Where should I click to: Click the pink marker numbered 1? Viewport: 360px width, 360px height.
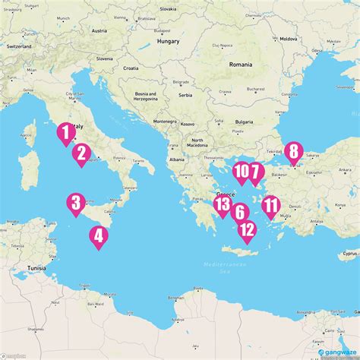[x=66, y=133]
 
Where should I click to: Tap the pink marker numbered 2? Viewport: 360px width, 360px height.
[x=81, y=154]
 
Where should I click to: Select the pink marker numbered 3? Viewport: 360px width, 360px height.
[x=75, y=203]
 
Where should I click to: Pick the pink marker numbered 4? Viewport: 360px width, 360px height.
[x=98, y=236]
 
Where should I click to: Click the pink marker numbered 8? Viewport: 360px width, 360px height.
[x=293, y=152]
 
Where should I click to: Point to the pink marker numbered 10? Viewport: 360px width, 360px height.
[x=242, y=172]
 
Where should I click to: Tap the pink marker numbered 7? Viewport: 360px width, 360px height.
[x=255, y=172]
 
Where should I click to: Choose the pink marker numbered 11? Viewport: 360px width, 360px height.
[x=270, y=206]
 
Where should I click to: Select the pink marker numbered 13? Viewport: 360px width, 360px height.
[x=223, y=204]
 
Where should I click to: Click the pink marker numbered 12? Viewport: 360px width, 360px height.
[x=247, y=229]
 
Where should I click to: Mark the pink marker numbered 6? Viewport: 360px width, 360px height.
[x=239, y=213]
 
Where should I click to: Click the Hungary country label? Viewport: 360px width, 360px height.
[x=167, y=43]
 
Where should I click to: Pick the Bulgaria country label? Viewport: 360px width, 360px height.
[x=244, y=122]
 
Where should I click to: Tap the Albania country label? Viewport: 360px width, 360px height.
[x=178, y=160]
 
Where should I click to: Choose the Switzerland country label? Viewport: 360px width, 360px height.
[x=18, y=46]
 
